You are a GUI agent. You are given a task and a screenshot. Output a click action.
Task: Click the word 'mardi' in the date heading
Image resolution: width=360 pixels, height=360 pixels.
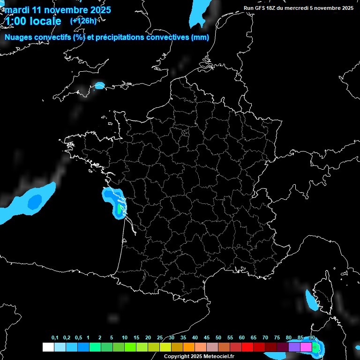coord(17,10)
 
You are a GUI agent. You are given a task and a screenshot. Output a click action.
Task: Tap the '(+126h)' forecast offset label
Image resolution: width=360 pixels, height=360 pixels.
coord(83,21)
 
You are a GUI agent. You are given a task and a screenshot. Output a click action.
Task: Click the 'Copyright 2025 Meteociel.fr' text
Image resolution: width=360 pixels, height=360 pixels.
coord(199,356)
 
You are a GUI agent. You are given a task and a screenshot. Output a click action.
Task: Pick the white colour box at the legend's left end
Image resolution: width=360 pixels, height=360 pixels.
coord(48,347)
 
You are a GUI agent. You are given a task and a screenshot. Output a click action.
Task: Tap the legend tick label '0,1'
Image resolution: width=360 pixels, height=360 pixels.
coord(55,338)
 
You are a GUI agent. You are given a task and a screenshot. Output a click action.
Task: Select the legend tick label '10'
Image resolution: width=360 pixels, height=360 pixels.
coord(124,338)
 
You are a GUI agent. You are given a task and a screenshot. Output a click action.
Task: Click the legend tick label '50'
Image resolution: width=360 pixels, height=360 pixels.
coord(218,338)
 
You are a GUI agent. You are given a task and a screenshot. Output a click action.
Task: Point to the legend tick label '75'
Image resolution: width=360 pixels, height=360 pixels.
coord(277,338)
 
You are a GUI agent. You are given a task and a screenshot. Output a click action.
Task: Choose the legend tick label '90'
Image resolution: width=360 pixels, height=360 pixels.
coord(312,338)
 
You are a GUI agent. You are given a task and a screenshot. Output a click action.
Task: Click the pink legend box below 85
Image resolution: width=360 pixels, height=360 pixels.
coord(306,347)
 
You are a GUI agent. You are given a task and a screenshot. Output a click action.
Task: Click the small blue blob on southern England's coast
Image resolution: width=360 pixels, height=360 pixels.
coord(99,85)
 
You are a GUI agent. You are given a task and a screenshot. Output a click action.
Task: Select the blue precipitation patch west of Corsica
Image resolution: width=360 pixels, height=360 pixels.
coord(310,300)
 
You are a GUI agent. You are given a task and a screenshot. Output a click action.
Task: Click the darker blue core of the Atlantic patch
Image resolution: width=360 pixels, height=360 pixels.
coord(34,202)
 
